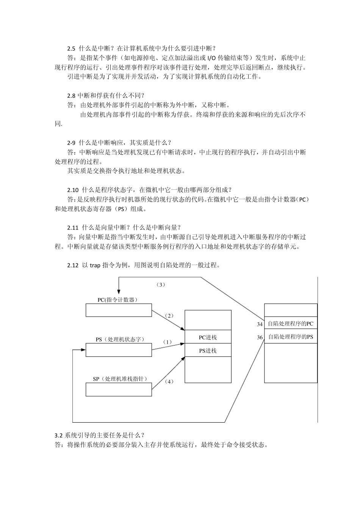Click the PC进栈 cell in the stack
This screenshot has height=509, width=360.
[208, 337]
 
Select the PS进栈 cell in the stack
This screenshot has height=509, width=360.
[208, 350]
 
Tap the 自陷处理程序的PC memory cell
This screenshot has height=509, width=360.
[291, 323]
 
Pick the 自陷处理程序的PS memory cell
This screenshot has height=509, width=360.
[291, 337]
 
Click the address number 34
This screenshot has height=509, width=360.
[260, 324]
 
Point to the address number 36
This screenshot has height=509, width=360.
[260, 337]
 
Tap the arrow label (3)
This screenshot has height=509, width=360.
[161, 284]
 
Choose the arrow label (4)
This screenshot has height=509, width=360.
[169, 381]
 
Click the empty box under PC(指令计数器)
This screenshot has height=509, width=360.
[119, 310]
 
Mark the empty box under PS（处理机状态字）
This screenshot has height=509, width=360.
[119, 350]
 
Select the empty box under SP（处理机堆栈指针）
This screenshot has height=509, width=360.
[119, 389]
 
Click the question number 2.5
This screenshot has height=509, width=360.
[72, 48]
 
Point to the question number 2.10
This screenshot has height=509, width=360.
[73, 190]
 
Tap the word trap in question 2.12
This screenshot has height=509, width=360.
[95, 265]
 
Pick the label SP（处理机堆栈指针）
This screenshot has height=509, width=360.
[120, 379]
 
